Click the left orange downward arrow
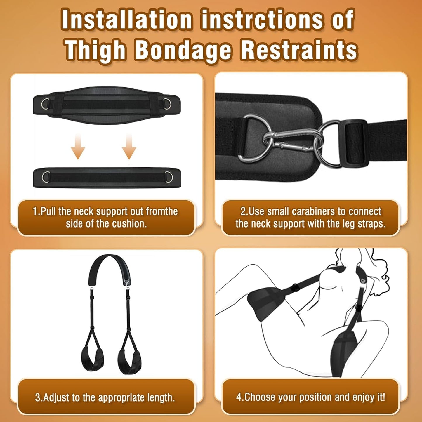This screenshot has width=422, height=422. tap(78, 146)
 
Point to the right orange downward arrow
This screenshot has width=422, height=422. tap(129, 146)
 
